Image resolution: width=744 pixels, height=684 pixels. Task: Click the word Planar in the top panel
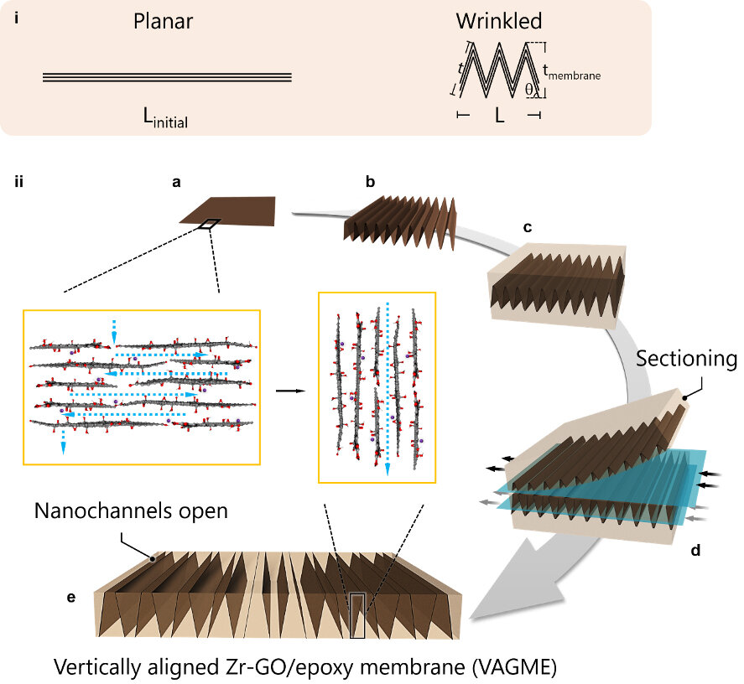pos(163,22)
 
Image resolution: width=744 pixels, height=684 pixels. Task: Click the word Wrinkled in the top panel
pos(499,22)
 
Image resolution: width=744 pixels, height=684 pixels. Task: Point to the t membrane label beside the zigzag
pos(572,74)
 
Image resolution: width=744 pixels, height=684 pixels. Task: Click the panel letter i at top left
pos(18,16)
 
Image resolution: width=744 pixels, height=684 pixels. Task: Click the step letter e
pos(71,597)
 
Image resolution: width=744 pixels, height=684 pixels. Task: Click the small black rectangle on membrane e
pos(357,615)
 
